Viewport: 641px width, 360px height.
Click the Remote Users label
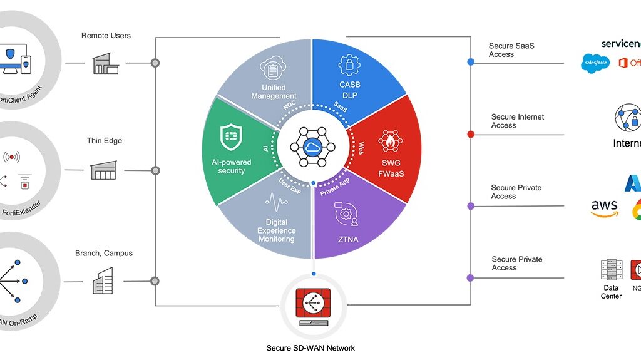(106, 36)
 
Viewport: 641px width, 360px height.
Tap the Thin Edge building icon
(103, 170)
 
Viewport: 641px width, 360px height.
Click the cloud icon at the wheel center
(313, 147)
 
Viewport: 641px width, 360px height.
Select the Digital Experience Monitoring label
(276, 230)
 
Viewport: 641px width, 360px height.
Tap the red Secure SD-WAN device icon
(313, 303)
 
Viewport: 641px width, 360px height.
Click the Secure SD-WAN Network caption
(311, 348)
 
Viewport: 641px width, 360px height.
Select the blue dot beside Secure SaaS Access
(471, 62)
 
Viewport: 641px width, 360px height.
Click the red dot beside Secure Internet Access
(471, 134)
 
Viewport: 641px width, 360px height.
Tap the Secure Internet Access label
(517, 121)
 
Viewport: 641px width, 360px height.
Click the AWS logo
(604, 208)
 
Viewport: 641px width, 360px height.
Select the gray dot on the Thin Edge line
(155, 170)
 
